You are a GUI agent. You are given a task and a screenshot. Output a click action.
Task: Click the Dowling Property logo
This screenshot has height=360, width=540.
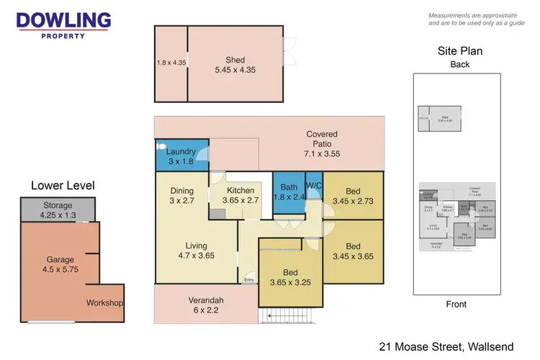[63, 24]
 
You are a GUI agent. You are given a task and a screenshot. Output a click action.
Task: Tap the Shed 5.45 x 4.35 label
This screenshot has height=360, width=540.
[235, 66]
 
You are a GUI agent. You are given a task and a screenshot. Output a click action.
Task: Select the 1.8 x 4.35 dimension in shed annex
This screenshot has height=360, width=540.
[171, 63]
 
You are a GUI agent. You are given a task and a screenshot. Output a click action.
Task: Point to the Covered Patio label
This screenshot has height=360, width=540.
[321, 140]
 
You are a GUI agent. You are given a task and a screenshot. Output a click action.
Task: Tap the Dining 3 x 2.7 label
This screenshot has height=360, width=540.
[181, 195]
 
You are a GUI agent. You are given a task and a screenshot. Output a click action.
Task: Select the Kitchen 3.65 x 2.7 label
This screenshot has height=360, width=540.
[240, 195]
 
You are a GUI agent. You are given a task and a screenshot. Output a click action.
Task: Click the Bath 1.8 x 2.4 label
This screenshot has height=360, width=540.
[289, 192]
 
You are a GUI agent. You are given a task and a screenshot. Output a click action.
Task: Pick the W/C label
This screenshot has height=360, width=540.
[314, 186]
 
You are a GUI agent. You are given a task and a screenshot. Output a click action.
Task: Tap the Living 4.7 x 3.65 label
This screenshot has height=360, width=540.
[196, 250]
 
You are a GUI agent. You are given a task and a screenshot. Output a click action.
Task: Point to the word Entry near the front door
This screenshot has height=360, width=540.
[249, 280]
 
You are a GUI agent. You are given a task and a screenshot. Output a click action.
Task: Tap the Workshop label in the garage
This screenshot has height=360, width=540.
[104, 302]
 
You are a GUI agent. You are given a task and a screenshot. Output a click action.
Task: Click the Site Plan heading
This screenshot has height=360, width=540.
[459, 51]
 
